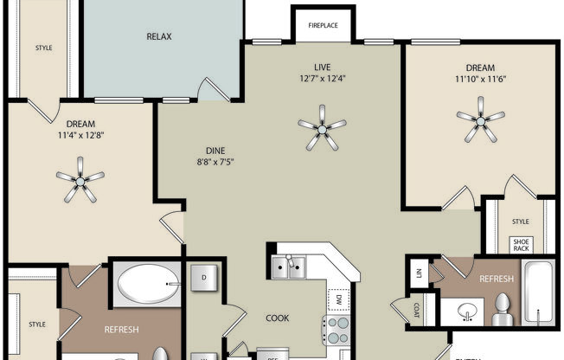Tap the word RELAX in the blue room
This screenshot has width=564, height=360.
(x=159, y=36)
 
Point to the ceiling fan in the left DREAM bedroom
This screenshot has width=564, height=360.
(x=80, y=179)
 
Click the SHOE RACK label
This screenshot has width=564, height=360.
(x=522, y=245)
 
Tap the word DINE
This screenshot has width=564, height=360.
(x=215, y=151)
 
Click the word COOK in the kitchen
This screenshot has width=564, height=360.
(x=278, y=317)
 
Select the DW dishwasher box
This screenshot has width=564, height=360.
(x=335, y=299)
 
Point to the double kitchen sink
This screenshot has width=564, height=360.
(x=289, y=268)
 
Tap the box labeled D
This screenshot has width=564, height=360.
(x=204, y=278)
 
